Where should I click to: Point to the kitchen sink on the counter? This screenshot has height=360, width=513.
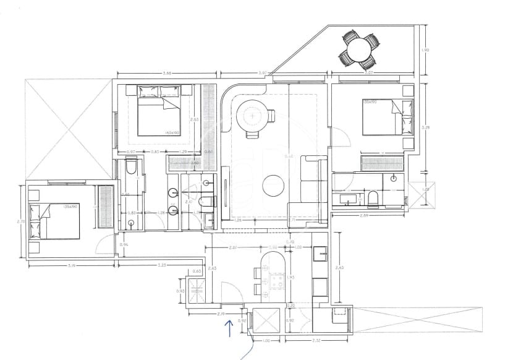coord(320,253)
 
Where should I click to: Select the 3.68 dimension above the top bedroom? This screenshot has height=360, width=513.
coord(166,74)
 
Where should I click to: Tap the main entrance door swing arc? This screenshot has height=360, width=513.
coord(229,291)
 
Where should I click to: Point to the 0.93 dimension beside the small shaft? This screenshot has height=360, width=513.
coord(181,291)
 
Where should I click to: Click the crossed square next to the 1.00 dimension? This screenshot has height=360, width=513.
coord(266,320)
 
